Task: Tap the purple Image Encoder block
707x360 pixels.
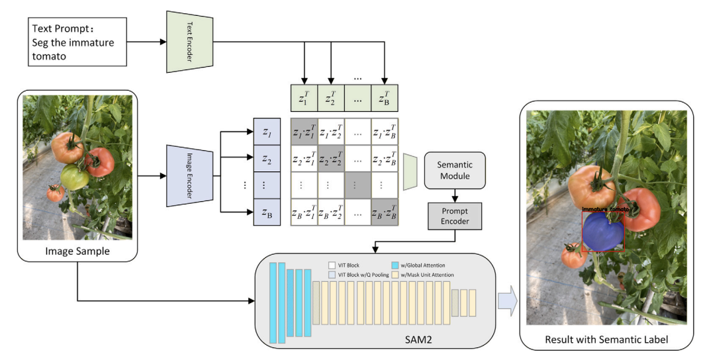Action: (189, 174)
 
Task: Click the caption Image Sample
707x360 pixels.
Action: (77, 251)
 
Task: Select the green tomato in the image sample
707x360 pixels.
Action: (73, 177)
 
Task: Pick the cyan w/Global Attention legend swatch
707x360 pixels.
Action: (395, 265)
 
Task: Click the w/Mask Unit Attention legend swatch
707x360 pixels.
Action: (395, 274)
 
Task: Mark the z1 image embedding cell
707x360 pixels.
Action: (267, 133)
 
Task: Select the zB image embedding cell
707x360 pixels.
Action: (267, 212)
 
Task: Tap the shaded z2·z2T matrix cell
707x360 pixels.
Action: (331, 159)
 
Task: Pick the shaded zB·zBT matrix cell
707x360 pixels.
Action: (385, 212)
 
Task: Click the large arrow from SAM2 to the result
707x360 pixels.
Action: (507, 301)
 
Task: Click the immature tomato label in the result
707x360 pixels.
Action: (605, 209)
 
